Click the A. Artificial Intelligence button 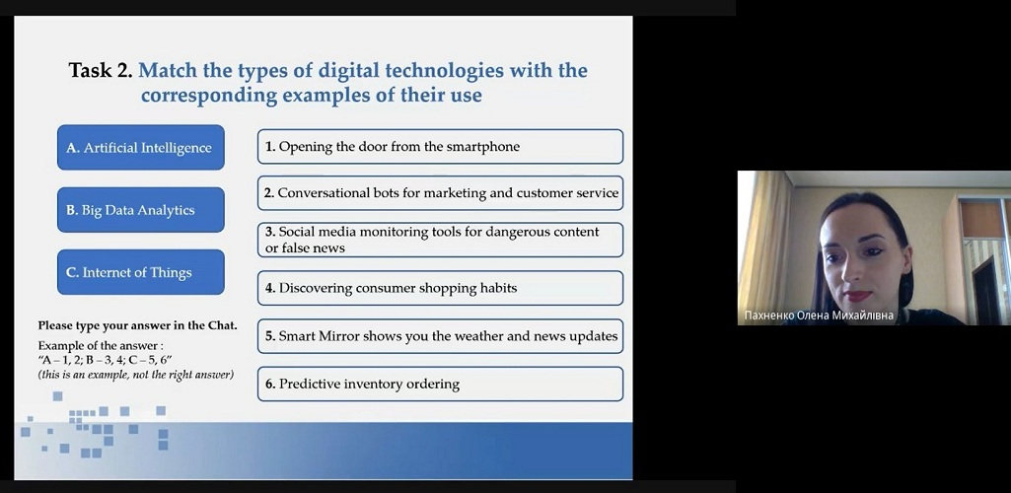pyautogui.click(x=141, y=148)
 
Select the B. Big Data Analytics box pyautogui.click(x=141, y=210)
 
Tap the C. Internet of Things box pyautogui.click(x=141, y=272)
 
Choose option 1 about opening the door pyautogui.click(x=440, y=146)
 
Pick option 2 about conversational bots pyautogui.click(x=440, y=192)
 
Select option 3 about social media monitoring pyautogui.click(x=440, y=240)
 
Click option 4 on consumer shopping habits pyautogui.click(x=440, y=288)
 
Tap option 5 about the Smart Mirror pyautogui.click(x=440, y=336)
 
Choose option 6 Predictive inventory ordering pyautogui.click(x=440, y=385)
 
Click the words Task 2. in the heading pyautogui.click(x=101, y=70)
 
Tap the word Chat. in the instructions pyautogui.click(x=223, y=325)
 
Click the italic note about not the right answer pyautogui.click(x=135, y=375)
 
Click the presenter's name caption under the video pyautogui.click(x=819, y=316)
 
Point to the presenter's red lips pyautogui.click(x=857, y=296)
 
